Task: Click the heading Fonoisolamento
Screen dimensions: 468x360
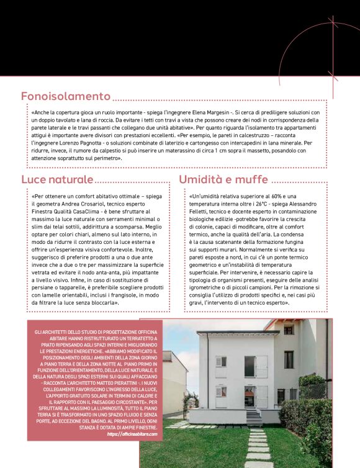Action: pyautogui.click(x=65, y=96)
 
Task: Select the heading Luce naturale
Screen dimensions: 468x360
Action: pyautogui.click(x=57, y=179)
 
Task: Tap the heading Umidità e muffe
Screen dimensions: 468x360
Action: pyautogui.click(x=223, y=179)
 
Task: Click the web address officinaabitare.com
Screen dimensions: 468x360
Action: pyautogui.click(x=132, y=434)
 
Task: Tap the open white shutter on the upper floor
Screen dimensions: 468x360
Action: pyautogui.click(x=261, y=366)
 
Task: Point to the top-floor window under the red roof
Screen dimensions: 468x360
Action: pyautogui.click(x=289, y=330)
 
